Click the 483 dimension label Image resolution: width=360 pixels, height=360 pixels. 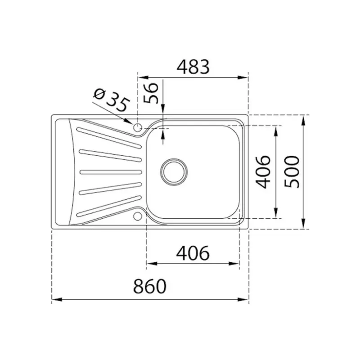pos(193,67)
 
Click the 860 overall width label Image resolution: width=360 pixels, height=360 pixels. pos(150,287)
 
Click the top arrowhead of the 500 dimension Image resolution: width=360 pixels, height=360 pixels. pos(305,118)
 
